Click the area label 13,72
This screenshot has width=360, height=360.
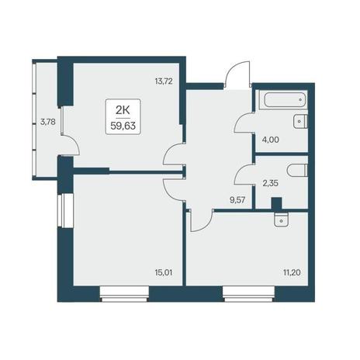(x=164, y=81)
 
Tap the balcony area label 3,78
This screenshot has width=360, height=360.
(x=48, y=122)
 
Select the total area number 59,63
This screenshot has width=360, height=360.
(x=123, y=126)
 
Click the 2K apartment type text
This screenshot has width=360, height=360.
(x=123, y=110)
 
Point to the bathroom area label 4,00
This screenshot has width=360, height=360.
(x=271, y=140)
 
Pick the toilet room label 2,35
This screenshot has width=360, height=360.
(x=270, y=183)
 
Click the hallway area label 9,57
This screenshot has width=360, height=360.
(x=237, y=200)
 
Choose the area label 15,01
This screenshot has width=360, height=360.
(x=164, y=272)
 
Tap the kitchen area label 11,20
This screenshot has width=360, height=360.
(x=292, y=272)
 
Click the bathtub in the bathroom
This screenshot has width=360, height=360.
(x=285, y=99)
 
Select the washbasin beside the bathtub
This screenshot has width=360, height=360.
(x=300, y=121)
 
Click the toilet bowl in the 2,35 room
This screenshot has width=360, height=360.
(x=297, y=171)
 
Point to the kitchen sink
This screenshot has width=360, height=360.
(x=281, y=220)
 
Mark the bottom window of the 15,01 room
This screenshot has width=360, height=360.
(x=124, y=294)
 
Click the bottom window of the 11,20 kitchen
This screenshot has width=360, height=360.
(x=249, y=294)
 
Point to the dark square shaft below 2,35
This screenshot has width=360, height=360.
(x=276, y=203)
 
